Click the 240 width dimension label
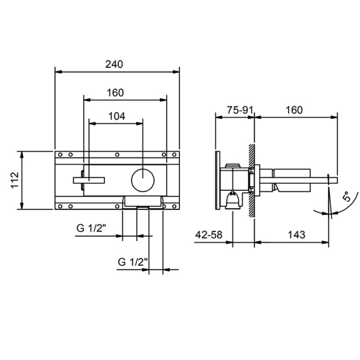[114, 64]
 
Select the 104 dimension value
[117, 116]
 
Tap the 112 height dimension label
[15, 180]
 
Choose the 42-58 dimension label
[210, 234]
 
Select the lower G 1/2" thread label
[133, 262]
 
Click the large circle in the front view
[143, 180]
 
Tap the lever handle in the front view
[89, 180]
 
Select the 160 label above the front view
[115, 93]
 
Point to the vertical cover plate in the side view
[219, 180]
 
